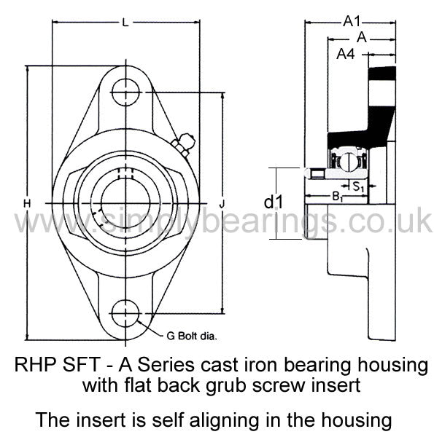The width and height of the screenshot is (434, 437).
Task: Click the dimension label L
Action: [125, 23]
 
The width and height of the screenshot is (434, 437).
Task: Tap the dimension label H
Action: [27, 204]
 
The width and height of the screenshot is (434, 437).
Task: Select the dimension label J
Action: [222, 205]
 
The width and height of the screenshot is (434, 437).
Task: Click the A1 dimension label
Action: [352, 21]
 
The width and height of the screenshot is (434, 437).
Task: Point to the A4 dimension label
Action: [346, 54]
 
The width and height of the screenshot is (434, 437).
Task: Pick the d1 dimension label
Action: [274, 202]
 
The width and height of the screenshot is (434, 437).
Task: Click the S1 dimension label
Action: [359, 186]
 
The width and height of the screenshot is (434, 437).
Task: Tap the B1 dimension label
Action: [337, 197]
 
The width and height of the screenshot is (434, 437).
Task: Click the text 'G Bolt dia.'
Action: [191, 336]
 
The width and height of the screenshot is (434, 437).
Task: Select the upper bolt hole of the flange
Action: [126, 92]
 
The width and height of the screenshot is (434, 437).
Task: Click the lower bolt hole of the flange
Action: [125, 313]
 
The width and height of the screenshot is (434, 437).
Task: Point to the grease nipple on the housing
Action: [185, 143]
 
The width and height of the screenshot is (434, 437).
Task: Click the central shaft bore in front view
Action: [125, 203]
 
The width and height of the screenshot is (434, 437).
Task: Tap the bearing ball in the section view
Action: [348, 162]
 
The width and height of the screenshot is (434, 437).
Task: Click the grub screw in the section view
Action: [317, 174]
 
